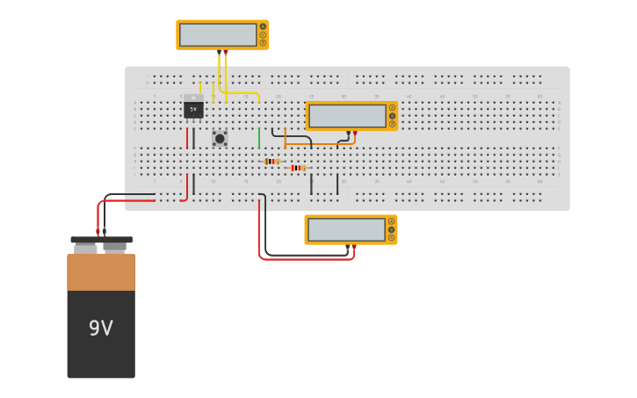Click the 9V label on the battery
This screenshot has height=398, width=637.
(x=101, y=329)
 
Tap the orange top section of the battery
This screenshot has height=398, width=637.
(x=101, y=272)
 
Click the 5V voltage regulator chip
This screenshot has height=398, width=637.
(x=193, y=110)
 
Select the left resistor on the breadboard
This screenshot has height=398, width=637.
(x=271, y=162)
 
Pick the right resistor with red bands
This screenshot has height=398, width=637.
(x=298, y=168)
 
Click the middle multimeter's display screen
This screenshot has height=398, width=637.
(x=348, y=116)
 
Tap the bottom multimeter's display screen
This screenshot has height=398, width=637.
(x=347, y=229)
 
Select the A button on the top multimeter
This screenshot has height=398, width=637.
(x=263, y=26)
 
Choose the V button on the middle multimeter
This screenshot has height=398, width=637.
(x=392, y=116)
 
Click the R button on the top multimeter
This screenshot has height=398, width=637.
(x=263, y=42)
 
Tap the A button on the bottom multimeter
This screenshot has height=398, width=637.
(x=392, y=221)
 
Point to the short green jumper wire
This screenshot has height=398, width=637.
(x=259, y=138)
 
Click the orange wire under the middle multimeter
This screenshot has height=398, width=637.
(x=316, y=144)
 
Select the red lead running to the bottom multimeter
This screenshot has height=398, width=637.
(x=308, y=259)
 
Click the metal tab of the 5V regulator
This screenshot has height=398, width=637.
(x=193, y=98)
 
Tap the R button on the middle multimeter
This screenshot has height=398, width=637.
(x=392, y=124)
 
